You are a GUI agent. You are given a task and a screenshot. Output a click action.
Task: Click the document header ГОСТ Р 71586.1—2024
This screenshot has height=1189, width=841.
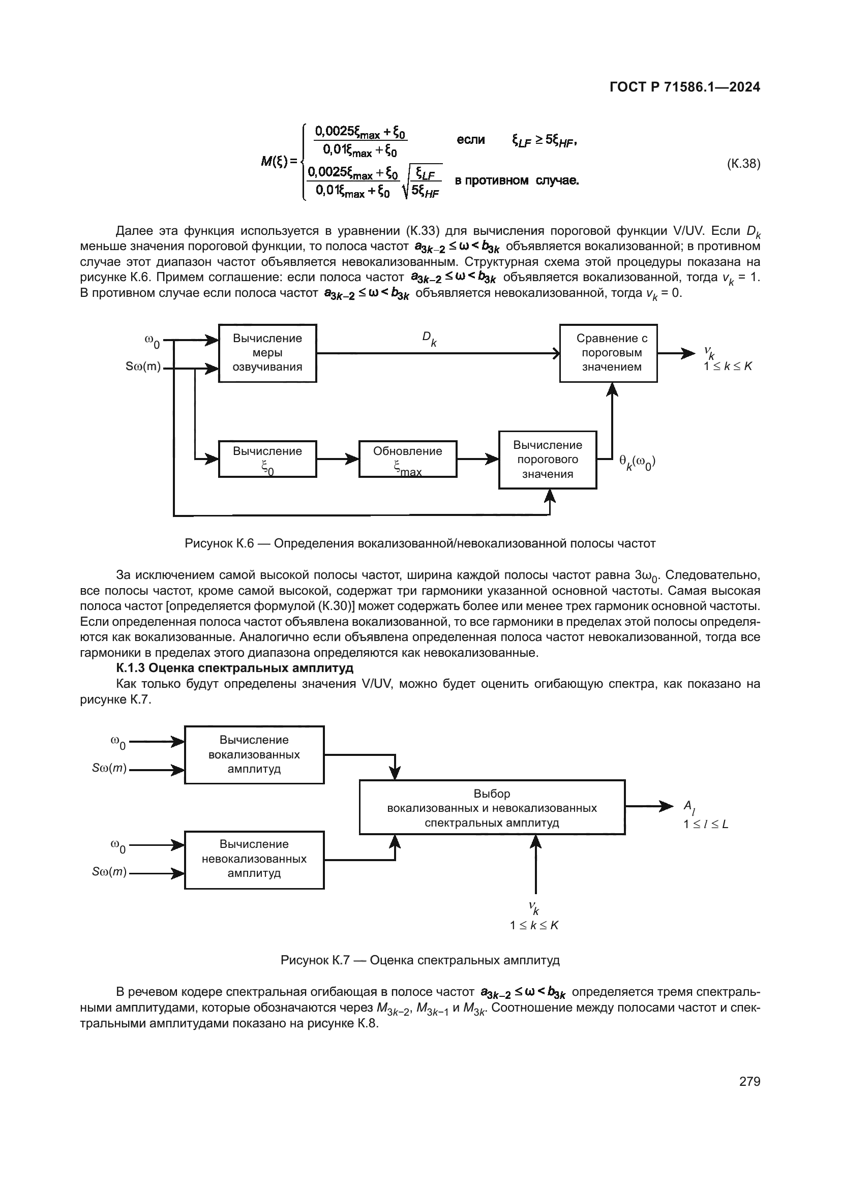coord(684,87)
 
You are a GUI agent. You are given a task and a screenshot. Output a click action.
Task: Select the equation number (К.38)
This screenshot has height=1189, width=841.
coord(744,164)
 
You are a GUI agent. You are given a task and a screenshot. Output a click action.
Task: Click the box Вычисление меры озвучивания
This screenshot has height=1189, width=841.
coord(267,353)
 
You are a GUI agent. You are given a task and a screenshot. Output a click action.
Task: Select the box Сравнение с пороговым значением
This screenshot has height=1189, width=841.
coord(608,353)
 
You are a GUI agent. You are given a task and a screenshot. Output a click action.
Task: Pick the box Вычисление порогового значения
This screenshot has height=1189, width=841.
coord(548,460)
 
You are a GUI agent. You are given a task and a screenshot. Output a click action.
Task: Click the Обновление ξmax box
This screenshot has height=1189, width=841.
coord(408,459)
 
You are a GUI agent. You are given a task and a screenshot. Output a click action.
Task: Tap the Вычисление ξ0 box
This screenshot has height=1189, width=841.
coord(267,459)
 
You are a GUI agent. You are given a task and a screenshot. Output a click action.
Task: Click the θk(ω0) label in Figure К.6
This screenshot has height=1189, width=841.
coord(637,462)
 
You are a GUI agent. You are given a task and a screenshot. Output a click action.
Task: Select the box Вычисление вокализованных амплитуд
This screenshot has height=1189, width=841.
coord(254,754)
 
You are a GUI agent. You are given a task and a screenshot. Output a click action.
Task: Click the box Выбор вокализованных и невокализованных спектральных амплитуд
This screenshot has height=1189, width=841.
coord(492,807)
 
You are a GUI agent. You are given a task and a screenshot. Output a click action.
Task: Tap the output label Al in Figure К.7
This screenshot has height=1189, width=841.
coord(689,807)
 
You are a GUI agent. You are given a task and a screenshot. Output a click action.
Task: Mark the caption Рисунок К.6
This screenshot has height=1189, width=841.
coord(420,544)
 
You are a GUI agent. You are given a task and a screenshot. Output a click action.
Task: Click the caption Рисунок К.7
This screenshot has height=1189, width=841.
coord(420,960)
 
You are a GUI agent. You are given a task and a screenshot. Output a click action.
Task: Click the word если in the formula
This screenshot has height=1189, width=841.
coord(471,140)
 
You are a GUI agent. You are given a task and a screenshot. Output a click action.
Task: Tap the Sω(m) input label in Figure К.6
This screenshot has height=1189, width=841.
coord(143,367)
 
